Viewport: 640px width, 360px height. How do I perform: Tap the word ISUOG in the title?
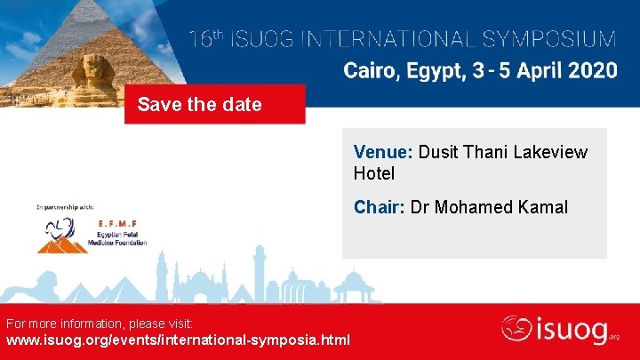click(x=267, y=40)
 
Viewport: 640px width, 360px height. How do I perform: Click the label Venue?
click(x=383, y=152)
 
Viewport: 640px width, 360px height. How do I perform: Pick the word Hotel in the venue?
click(x=374, y=172)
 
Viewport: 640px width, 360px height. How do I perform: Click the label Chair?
click(x=380, y=207)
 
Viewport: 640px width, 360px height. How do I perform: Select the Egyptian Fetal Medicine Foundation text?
click(x=116, y=236)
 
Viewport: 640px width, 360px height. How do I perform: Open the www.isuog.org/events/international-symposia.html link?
click(x=178, y=340)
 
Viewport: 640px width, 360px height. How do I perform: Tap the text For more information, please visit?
click(x=106, y=322)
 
